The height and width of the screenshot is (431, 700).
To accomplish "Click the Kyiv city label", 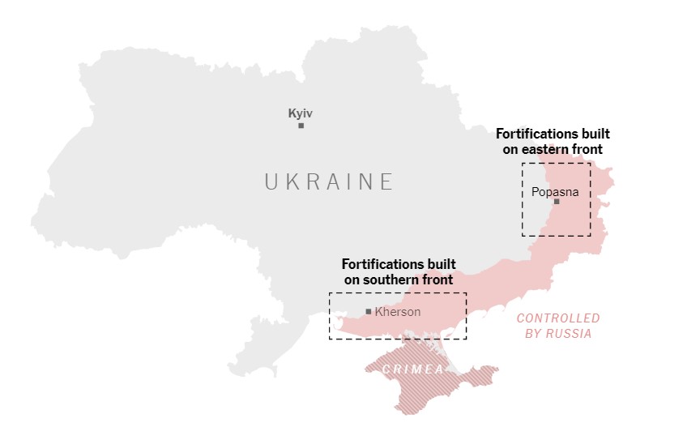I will (x=301, y=113).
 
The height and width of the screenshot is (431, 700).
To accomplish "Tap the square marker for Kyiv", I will (x=301, y=126).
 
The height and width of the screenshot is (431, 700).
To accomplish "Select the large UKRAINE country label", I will (x=329, y=181).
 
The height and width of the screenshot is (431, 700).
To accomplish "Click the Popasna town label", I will (x=555, y=192).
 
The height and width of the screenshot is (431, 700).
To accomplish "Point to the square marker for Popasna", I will (x=557, y=202).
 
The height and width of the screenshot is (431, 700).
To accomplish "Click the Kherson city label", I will (x=398, y=311).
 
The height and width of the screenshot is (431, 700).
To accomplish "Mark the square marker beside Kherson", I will (x=369, y=311).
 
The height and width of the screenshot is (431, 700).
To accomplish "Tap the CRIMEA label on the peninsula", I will (x=413, y=369).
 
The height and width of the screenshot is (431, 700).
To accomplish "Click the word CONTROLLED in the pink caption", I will (x=558, y=318).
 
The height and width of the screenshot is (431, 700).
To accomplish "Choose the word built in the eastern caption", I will (x=595, y=134).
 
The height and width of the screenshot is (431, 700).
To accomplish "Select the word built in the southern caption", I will (x=441, y=264).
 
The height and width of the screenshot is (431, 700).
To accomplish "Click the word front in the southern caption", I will (x=436, y=280).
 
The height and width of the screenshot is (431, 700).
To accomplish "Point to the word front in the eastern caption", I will (x=587, y=149).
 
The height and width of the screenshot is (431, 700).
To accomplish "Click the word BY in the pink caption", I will (x=534, y=333).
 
